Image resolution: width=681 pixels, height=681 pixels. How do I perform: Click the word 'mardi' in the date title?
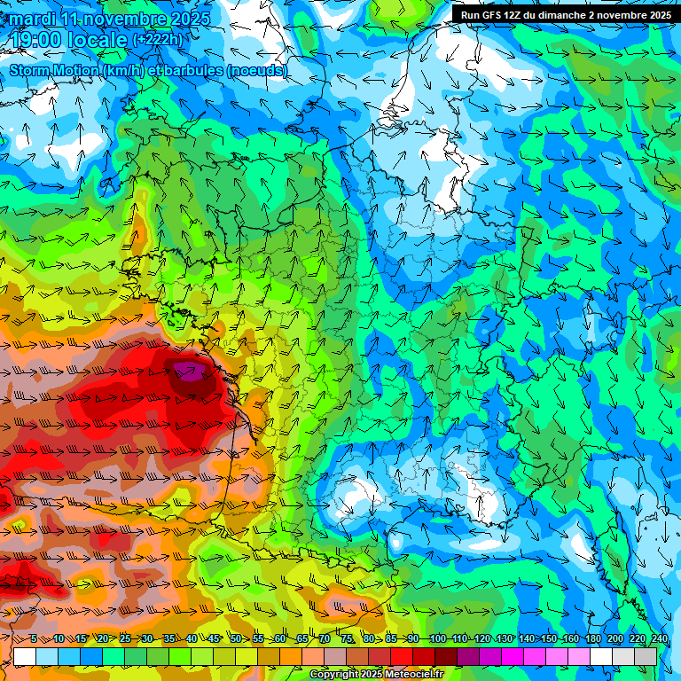[x=33, y=19]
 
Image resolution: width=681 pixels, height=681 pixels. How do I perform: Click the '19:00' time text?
[x=40, y=41]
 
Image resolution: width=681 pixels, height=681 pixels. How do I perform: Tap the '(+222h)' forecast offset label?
[x=157, y=41]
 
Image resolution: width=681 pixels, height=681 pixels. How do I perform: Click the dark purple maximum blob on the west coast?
[x=189, y=373]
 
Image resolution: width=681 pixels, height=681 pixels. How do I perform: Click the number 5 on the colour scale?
[x=34, y=638]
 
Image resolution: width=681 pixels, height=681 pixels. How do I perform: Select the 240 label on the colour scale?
[x=660, y=638]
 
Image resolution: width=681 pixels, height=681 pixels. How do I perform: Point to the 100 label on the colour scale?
[x=437, y=638]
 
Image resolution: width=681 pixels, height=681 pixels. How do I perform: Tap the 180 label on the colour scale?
[x=592, y=638]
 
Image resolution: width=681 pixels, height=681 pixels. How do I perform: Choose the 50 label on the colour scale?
[x=236, y=638]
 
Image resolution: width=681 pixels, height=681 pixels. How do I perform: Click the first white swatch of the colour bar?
[x=25, y=656]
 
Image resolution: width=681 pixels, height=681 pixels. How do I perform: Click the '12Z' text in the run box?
[x=522, y=15]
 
